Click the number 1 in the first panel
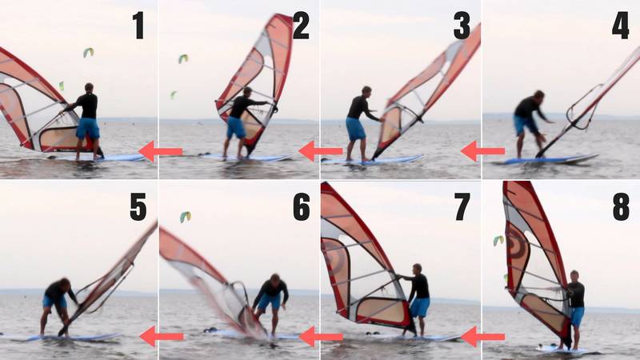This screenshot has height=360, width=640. click(138, 26)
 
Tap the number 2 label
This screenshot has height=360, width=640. click(301, 26)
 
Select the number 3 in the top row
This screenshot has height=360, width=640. click(462, 26)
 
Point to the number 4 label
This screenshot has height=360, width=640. click(621, 26)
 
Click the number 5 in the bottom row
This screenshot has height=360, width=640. click(138, 206)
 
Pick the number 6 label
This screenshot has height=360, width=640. click(301, 206)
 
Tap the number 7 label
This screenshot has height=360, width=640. click(462, 206)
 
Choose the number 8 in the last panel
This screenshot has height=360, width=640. click(621, 206)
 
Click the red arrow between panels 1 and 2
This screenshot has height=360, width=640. click(160, 150)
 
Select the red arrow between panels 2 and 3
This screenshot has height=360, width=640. click(320, 150)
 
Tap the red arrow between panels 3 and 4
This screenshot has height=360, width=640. click(482, 150)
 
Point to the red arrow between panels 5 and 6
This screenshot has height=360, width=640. click(160, 336)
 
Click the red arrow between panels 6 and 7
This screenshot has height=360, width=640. click(320, 336)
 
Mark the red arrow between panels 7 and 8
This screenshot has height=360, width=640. click(482, 336)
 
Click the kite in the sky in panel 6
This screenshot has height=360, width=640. click(186, 217)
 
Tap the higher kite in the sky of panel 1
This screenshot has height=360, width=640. click(88, 53)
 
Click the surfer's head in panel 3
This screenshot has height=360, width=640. click(366, 91)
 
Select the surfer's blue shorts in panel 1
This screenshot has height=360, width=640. click(88, 128)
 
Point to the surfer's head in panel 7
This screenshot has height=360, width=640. click(417, 269)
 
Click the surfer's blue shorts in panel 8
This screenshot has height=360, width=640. click(576, 316)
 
